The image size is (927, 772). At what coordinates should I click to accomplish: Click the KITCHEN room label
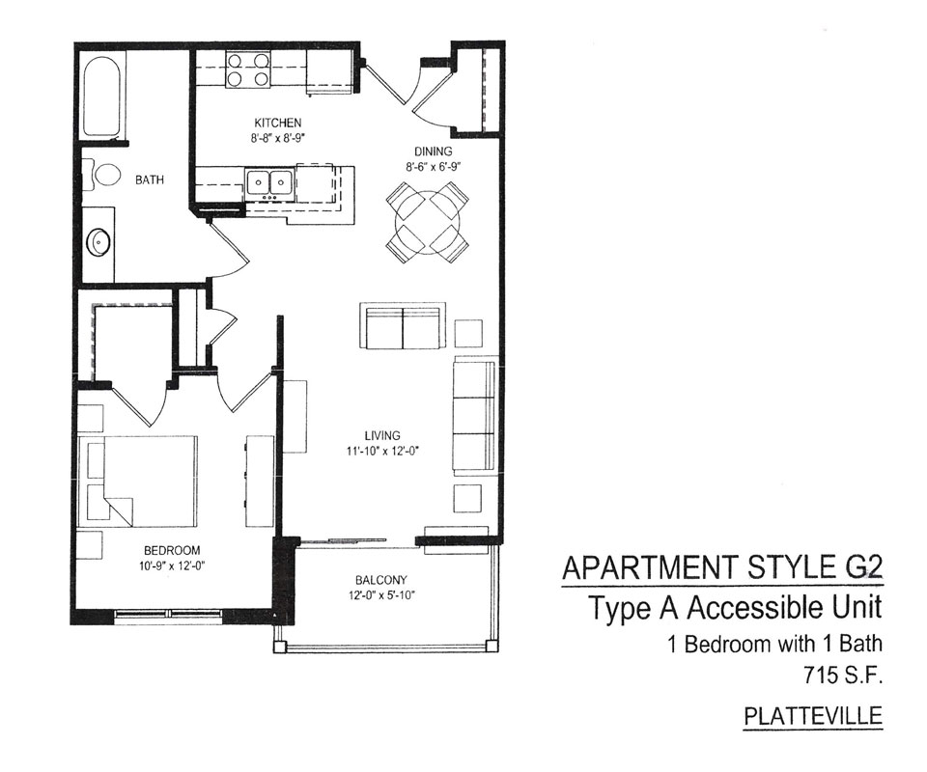278,123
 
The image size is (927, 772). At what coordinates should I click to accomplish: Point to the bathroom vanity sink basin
98,242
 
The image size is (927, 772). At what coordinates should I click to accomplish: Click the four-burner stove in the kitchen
248,69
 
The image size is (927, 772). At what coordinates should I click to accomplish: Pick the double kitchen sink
270,183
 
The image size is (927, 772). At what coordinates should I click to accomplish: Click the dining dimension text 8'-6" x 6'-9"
433,167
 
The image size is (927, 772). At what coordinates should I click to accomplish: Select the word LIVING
382,436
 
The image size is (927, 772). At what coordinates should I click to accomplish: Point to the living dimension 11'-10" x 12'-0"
382,452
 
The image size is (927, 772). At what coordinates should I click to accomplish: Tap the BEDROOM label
172,550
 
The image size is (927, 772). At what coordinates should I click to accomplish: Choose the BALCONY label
381,580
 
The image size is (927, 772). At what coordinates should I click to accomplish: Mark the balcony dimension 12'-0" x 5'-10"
381,595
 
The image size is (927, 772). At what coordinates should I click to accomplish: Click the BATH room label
150,180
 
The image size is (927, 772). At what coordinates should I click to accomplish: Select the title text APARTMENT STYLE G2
722,567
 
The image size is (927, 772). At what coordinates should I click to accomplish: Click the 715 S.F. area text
843,675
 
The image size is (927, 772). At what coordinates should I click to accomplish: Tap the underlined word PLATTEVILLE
813,716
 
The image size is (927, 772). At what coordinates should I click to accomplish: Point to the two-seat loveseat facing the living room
402,326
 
